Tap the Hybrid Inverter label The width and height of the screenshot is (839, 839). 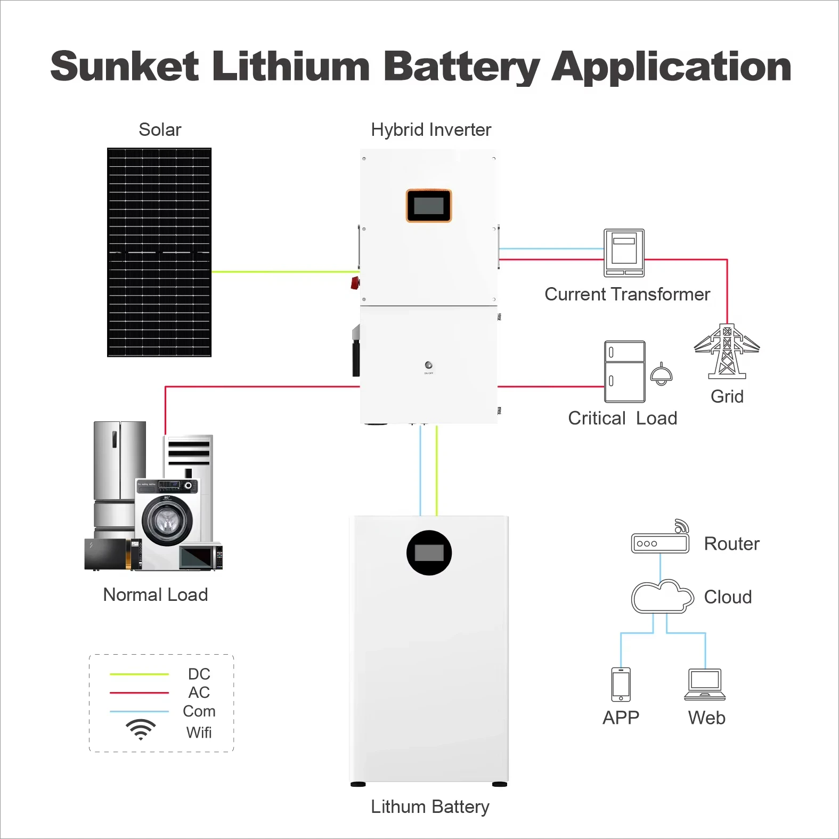pyautogui.click(x=430, y=129)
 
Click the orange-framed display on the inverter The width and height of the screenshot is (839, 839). pyautogui.click(x=429, y=206)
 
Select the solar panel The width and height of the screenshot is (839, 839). pyautogui.click(x=159, y=252)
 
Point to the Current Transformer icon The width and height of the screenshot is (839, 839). pyautogui.click(x=624, y=253)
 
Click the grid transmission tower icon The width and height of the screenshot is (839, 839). pyautogui.click(x=727, y=352)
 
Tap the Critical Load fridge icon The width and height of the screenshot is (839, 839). pyautogui.click(x=624, y=372)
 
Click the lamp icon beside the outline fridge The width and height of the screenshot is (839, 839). pyautogui.click(x=661, y=374)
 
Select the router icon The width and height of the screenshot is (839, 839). pyautogui.click(x=660, y=543)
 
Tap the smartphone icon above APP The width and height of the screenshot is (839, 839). pyautogui.click(x=621, y=684)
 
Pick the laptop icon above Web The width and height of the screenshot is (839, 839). pyautogui.click(x=705, y=684)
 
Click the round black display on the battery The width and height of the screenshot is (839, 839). pyautogui.click(x=429, y=553)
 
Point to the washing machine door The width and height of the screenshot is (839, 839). pyautogui.click(x=167, y=520)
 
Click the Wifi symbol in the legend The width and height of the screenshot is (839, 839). pyautogui.click(x=141, y=729)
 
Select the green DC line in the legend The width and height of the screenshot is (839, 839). pyautogui.click(x=139, y=674)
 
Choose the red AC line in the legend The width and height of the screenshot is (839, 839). pyautogui.click(x=139, y=693)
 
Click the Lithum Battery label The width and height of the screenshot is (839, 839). pyautogui.click(x=430, y=807)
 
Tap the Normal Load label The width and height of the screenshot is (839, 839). pyautogui.click(x=155, y=594)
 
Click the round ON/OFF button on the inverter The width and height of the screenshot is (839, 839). pyautogui.click(x=428, y=365)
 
